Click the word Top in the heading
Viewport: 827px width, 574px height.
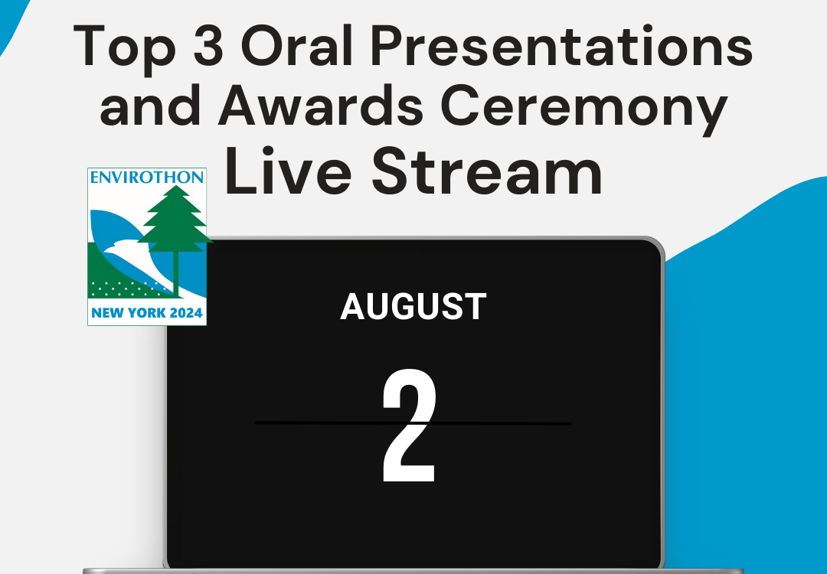[125, 48]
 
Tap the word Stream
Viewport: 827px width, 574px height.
[487, 171]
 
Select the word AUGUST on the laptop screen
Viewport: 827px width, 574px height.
[413, 307]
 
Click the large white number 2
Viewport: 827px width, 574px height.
[409, 426]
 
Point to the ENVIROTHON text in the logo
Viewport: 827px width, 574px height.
[147, 177]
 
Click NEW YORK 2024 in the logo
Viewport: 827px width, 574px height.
[147, 313]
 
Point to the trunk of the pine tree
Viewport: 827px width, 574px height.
[176, 272]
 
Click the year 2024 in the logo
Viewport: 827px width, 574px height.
[186, 313]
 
